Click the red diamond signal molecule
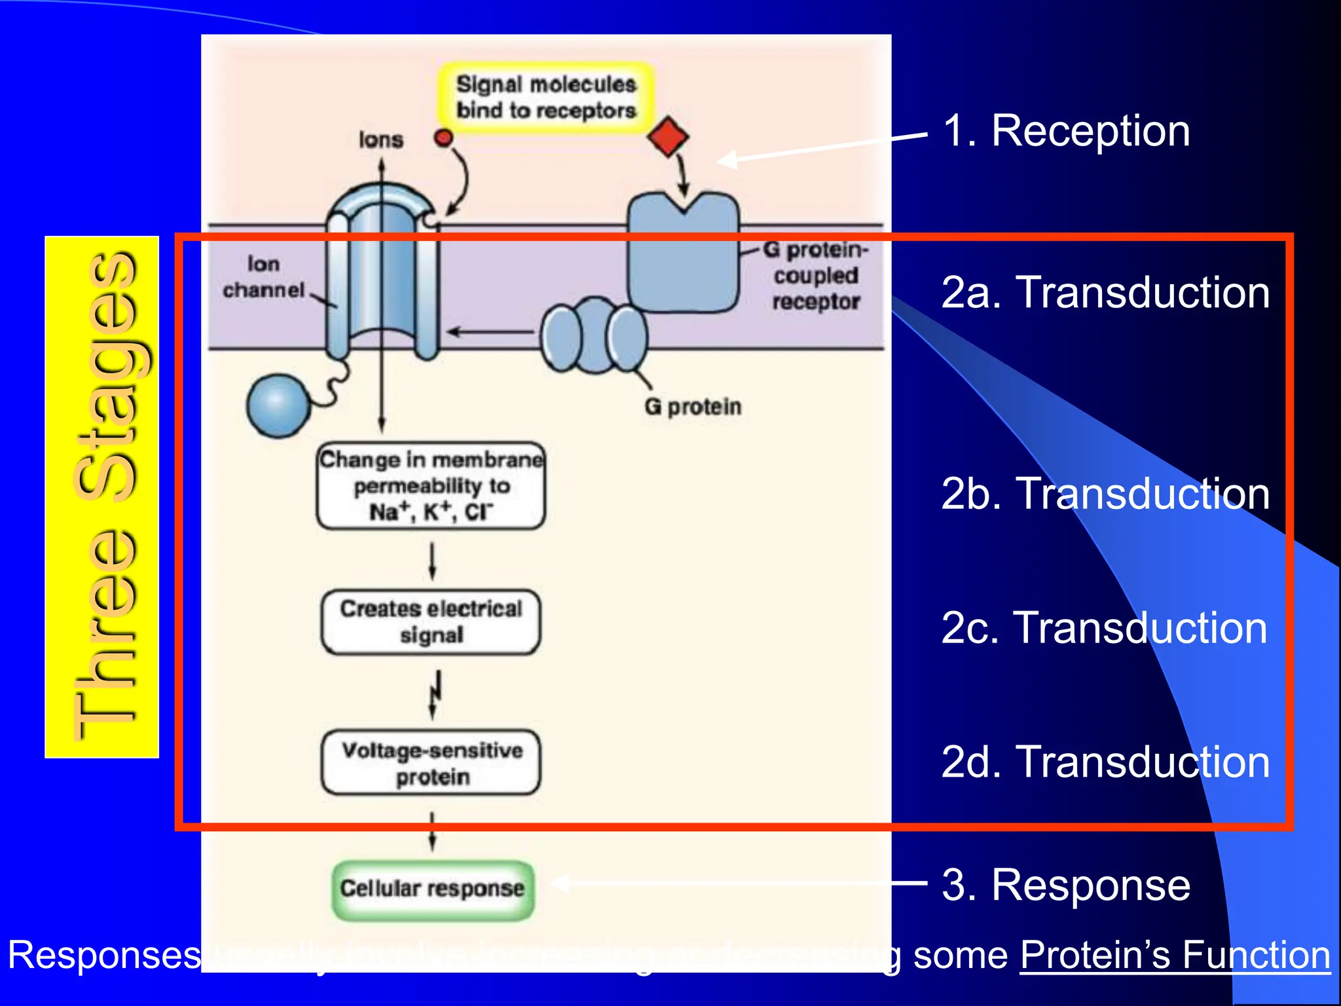coord(667,137)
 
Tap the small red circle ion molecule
coord(444,138)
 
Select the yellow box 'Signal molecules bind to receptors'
coord(545,98)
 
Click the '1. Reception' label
coord(1065,131)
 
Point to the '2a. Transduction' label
coord(1105,292)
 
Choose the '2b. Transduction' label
coord(1105,493)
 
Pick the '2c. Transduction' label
coord(1104,628)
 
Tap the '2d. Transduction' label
coord(1105,762)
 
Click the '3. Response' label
coord(1065,885)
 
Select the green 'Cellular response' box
coord(432,889)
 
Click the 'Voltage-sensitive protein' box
coord(432,763)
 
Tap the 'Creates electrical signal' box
coord(431,622)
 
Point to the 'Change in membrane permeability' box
coord(431,485)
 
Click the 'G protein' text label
coord(693,407)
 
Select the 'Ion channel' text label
coord(263,277)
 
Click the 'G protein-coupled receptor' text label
coord(816,276)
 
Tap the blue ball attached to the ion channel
coord(278,405)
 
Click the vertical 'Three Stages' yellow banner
coord(102,496)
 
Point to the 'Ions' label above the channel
coord(380,140)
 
